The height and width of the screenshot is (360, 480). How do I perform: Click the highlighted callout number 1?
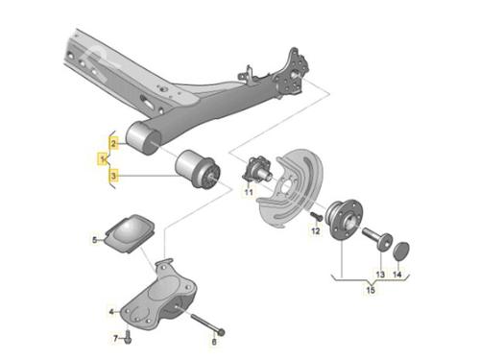point(103,158)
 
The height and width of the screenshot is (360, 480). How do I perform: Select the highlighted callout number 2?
point(113,143)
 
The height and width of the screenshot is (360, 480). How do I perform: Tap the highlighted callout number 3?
point(113,176)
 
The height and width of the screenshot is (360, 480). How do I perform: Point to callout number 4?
point(111,311)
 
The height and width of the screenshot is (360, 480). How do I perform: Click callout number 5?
point(95,240)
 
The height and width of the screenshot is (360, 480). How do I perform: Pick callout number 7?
point(116,338)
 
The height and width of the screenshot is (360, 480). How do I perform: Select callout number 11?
point(249,192)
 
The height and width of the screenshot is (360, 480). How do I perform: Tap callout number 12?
point(316,230)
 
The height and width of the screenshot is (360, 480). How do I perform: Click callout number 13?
point(380,275)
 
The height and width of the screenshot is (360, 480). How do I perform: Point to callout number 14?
point(397,275)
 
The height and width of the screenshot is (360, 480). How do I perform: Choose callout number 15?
point(371,290)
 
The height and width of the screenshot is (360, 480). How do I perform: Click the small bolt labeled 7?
point(128,338)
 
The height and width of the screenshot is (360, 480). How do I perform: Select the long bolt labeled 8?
point(208,324)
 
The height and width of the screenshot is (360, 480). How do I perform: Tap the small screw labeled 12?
point(317,216)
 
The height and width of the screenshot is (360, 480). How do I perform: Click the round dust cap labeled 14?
point(401,251)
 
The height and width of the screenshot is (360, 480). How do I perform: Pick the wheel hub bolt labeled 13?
point(377,239)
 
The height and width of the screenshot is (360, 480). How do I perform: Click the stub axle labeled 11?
point(257,170)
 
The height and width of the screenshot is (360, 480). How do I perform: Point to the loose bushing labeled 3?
point(198,170)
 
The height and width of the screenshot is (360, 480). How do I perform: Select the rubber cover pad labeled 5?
point(130,233)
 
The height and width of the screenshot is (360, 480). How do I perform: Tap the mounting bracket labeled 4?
point(158,296)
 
